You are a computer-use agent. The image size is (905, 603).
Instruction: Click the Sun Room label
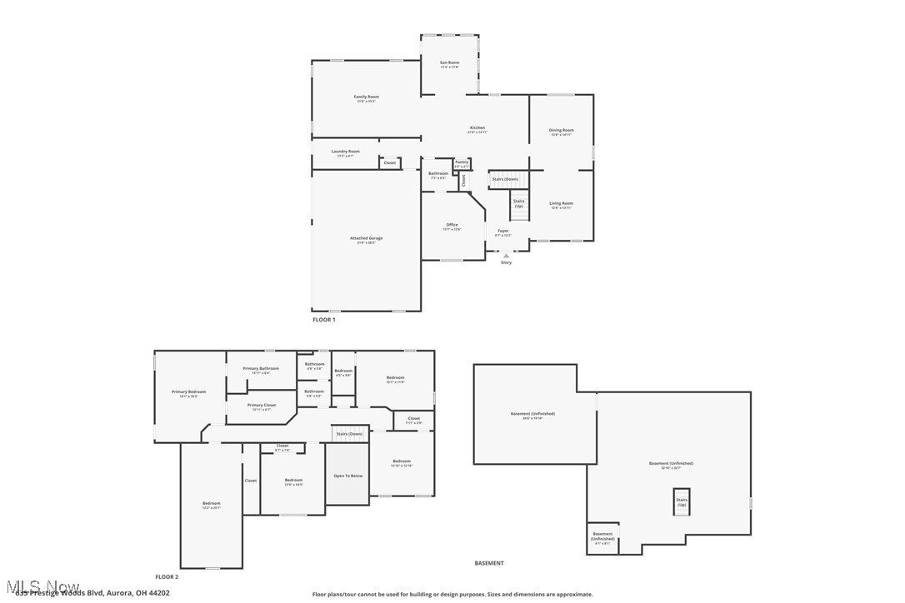449,63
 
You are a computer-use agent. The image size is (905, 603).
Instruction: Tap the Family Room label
366,97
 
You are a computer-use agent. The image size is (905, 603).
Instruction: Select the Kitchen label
477,128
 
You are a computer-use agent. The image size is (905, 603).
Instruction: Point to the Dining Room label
561,131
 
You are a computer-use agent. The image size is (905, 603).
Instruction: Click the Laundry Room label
345,152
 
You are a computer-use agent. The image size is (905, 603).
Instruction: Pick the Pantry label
462,162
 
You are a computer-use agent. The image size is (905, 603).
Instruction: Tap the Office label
452,226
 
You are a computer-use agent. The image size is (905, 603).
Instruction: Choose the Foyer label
502,232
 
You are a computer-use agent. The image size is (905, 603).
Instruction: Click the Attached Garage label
366,239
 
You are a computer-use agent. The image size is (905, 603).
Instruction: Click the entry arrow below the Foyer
506,256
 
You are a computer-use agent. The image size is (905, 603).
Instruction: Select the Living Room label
561,204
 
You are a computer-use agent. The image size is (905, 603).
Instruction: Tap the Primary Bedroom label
188,392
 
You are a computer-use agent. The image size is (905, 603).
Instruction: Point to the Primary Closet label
261,406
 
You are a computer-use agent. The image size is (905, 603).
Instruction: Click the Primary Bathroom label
261,369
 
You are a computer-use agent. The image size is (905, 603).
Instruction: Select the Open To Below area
347,476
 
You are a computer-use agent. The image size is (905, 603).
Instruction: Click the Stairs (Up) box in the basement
682,501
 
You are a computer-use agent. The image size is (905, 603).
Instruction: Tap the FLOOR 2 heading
167,576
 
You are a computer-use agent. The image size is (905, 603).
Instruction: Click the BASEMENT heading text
489,563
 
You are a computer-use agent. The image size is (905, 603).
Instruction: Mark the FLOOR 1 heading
323,320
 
